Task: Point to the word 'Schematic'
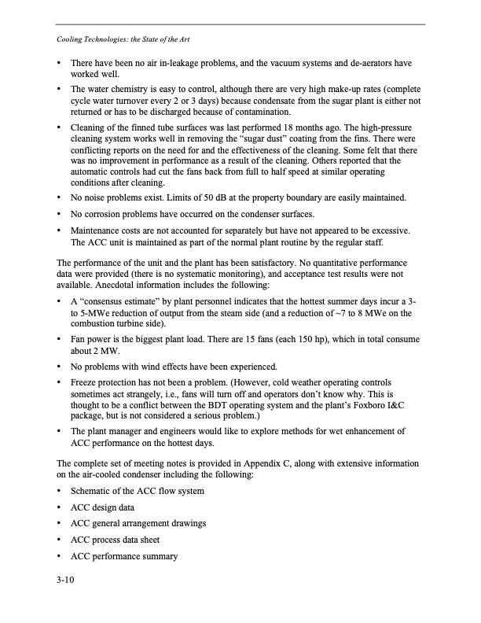pyautogui.click(x=94, y=490)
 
